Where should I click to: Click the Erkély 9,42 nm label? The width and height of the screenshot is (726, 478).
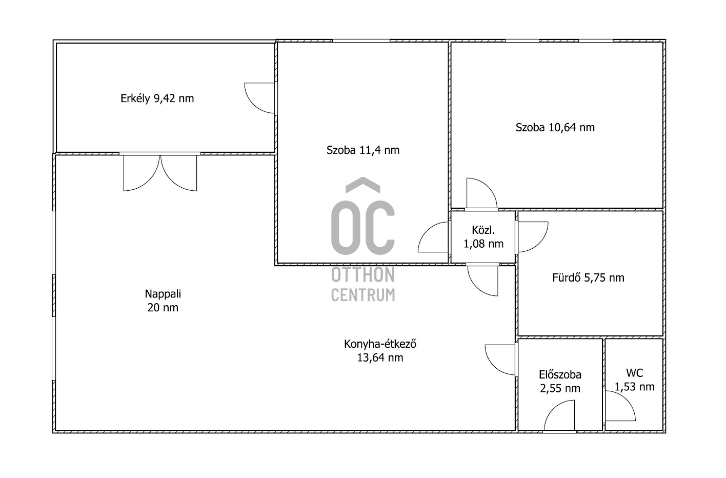click(x=157, y=98)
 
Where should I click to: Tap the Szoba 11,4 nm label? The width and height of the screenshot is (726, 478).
click(x=363, y=150)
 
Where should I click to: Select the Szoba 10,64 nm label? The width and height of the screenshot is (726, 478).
click(x=555, y=127)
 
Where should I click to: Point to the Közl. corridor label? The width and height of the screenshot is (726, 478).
click(x=483, y=230)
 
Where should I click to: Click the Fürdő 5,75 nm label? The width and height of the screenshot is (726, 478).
click(x=588, y=277)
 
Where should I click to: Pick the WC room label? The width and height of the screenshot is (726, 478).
click(x=635, y=373)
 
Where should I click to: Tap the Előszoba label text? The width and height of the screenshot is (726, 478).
click(x=560, y=374)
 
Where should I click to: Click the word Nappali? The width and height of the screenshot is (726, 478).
click(x=163, y=294)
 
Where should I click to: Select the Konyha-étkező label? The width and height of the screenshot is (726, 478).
click(x=380, y=344)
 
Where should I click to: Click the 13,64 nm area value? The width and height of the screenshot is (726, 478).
click(x=380, y=357)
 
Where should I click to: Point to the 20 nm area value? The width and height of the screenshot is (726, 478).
click(x=163, y=307)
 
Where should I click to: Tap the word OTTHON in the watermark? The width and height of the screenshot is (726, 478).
click(x=363, y=275)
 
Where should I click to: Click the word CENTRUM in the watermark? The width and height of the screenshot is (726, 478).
click(x=363, y=295)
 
